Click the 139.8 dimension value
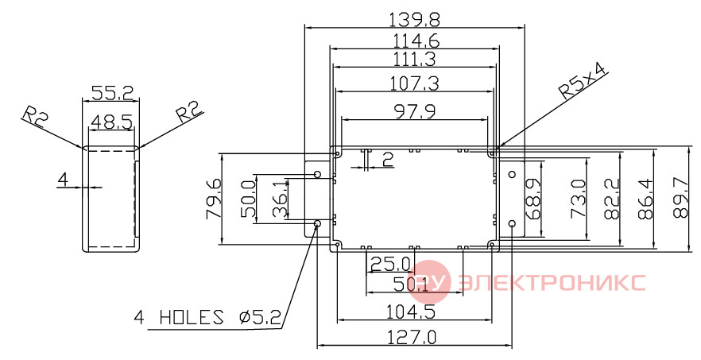pyautogui.click(x=414, y=20)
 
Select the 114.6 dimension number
pyautogui.click(x=416, y=41)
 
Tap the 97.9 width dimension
pyautogui.click(x=414, y=111)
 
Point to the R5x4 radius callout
pyautogui.click(x=583, y=81)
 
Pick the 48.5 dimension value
pyautogui.click(x=112, y=122)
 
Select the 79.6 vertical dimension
pyautogui.click(x=213, y=199)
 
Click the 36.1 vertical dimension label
pyautogui.click(x=280, y=199)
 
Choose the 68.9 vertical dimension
pyautogui.click(x=533, y=199)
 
